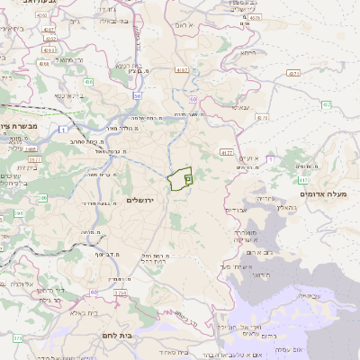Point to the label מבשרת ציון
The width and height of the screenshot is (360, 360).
click(18, 129)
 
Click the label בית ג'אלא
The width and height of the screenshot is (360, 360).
click(67, 314)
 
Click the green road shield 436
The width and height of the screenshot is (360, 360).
click(88, 81)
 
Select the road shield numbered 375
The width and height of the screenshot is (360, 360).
click(17, 339)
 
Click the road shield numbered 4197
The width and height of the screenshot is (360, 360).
click(183, 69)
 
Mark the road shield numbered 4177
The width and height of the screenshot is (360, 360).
click(227, 153)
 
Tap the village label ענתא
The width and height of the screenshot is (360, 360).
click(240, 107)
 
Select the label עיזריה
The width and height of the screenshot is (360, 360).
click(264, 197)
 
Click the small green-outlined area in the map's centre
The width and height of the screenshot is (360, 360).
click(181, 180)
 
